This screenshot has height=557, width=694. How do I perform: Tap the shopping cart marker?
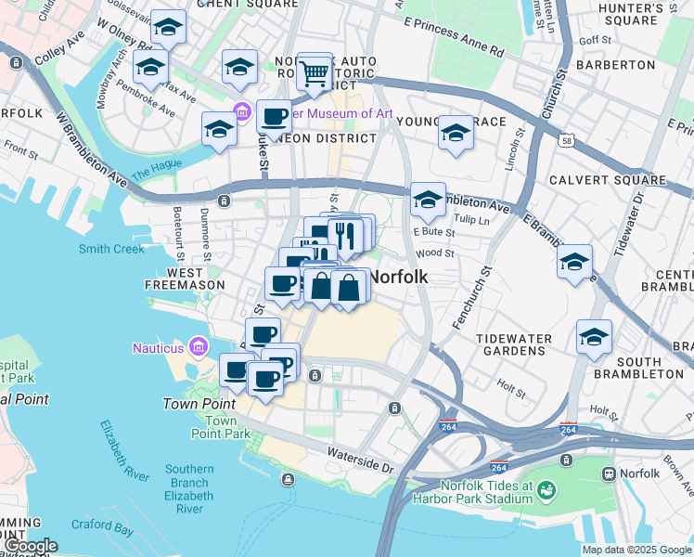[x=315, y=71]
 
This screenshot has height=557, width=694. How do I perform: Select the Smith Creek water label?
[x=111, y=249]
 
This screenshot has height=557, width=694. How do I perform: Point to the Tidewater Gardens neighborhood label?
[x=514, y=344]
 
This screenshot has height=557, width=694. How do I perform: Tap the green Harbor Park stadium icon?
[x=546, y=488]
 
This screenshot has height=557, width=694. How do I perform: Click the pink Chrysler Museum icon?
[x=242, y=113]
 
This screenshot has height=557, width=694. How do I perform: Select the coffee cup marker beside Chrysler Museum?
[x=274, y=118]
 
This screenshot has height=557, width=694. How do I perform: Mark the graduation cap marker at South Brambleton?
[x=594, y=338]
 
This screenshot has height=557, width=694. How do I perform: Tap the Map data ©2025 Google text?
[x=636, y=550]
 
